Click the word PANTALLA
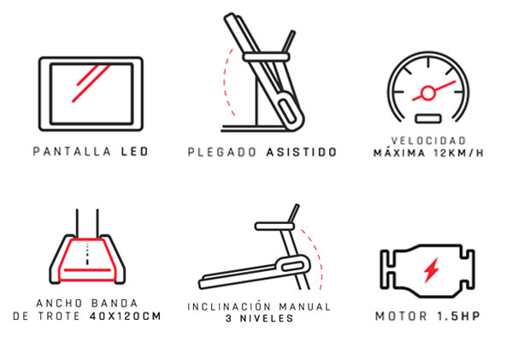pos(72,151)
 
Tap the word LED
pos(135,151)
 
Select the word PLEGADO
pos(222,152)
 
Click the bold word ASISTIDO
pos(301,152)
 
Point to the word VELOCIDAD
pos(428,141)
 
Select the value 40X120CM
pos(126,316)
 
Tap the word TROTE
pos(59,316)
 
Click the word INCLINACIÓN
pos(229,307)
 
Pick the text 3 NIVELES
pos(260,318)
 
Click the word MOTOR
pos(402,316)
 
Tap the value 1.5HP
pos(458,316)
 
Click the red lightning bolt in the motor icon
pos(431,270)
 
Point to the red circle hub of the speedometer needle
pos(428,93)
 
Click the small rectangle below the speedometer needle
pos(428,119)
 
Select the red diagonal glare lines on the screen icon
pos(91,83)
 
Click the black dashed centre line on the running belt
pos(87,254)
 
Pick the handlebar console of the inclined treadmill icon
pos(274,226)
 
